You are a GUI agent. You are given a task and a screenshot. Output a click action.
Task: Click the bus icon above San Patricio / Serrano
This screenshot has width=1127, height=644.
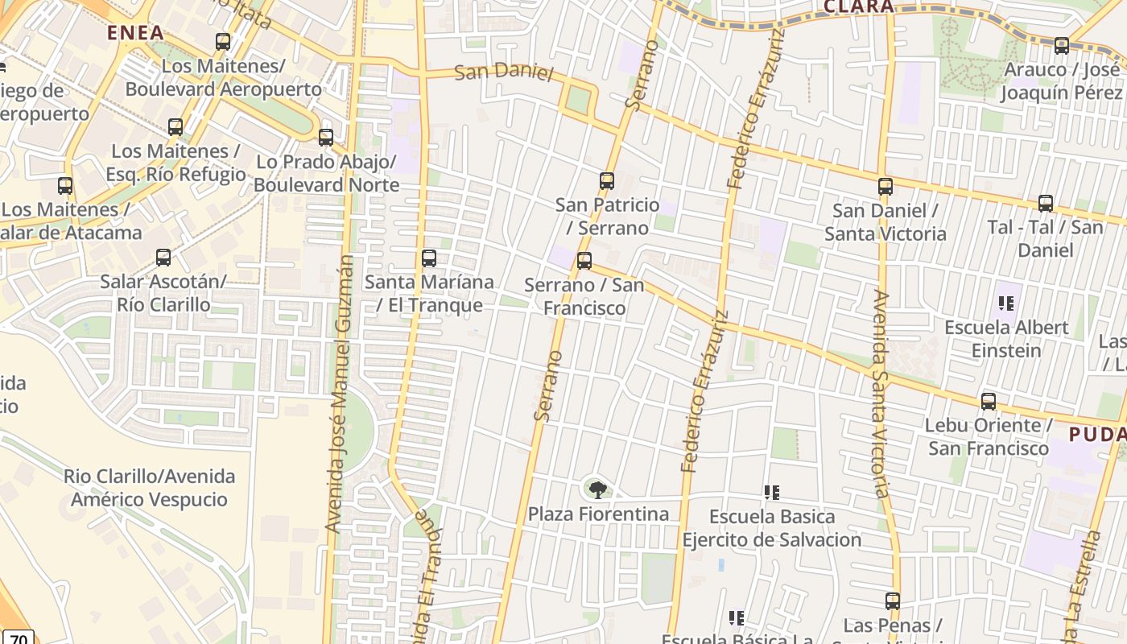point(607,181)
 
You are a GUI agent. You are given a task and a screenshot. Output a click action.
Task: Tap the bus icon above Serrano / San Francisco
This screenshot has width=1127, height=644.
point(584,261)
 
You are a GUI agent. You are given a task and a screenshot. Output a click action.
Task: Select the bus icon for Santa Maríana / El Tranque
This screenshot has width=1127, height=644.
point(429,258)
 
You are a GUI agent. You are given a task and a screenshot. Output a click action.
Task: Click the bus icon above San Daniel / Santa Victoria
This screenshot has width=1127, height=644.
point(885,187)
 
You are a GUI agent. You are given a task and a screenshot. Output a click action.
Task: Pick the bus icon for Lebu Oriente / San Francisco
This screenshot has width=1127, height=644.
point(989,401)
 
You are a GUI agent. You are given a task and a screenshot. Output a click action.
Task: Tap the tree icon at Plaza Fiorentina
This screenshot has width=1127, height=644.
point(597,489)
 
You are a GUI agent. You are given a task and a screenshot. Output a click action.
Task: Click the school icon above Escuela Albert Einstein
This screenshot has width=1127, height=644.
point(1005,303)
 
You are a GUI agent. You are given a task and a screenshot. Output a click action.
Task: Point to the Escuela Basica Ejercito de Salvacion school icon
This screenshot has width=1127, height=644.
point(771,492)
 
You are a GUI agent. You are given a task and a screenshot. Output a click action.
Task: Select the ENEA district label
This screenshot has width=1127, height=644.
point(135,33)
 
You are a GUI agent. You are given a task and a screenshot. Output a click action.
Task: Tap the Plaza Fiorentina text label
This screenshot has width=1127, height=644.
point(598,514)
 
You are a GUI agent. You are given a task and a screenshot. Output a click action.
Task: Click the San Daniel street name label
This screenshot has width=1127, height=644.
point(504,72)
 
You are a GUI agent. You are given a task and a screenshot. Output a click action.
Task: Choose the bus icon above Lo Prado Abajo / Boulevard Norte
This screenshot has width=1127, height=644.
point(326,138)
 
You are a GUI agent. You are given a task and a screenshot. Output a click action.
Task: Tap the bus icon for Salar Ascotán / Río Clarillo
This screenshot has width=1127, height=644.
point(163,258)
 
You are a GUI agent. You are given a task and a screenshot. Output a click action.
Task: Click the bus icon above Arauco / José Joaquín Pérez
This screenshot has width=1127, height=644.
point(1061,46)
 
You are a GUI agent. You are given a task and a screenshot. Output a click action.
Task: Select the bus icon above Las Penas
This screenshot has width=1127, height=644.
point(892,601)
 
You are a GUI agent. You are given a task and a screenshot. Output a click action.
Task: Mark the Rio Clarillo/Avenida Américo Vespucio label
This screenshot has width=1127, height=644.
point(150,488)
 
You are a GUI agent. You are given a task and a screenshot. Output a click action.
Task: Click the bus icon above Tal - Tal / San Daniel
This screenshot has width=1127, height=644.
point(1046,204)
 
